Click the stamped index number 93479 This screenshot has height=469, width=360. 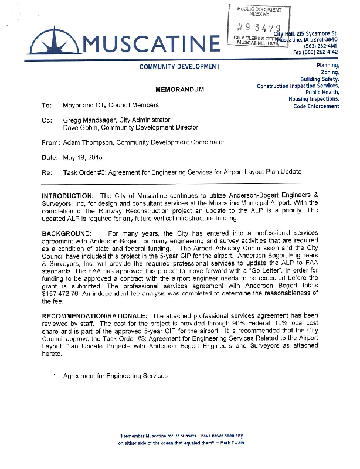[259, 29]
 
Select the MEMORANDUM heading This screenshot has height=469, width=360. [179, 91]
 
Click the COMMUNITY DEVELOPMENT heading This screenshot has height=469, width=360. [179, 67]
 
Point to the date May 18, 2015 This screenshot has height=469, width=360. [83, 158]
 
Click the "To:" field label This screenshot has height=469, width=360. [47, 106]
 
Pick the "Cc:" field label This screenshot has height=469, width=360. [47, 120]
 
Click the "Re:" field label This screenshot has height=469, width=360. [47, 172]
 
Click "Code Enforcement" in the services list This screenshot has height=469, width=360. [316, 106]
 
